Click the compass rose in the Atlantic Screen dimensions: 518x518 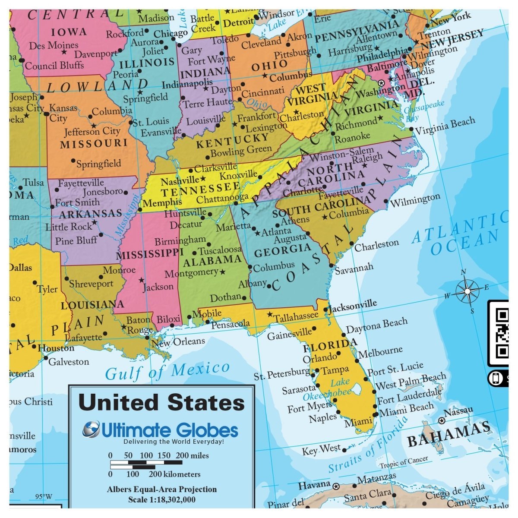(x=467, y=292)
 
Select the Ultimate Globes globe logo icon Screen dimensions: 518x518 (x=92, y=429)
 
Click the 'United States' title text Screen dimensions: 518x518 (x=161, y=402)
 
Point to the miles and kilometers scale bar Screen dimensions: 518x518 (x=147, y=464)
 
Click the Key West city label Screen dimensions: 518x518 (x=321, y=450)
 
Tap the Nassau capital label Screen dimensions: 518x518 (x=458, y=411)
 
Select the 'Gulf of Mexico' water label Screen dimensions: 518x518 (x=167, y=371)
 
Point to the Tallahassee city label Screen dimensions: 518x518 (x=296, y=316)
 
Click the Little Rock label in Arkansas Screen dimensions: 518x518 (x=69, y=226)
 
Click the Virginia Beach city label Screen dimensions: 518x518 (x=445, y=125)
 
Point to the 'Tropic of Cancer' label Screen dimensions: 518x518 (x=404, y=462)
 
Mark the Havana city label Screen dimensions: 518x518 (x=314, y=485)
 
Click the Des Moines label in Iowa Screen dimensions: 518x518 (x=54, y=45)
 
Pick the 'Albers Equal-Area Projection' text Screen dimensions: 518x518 (x=162, y=490)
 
